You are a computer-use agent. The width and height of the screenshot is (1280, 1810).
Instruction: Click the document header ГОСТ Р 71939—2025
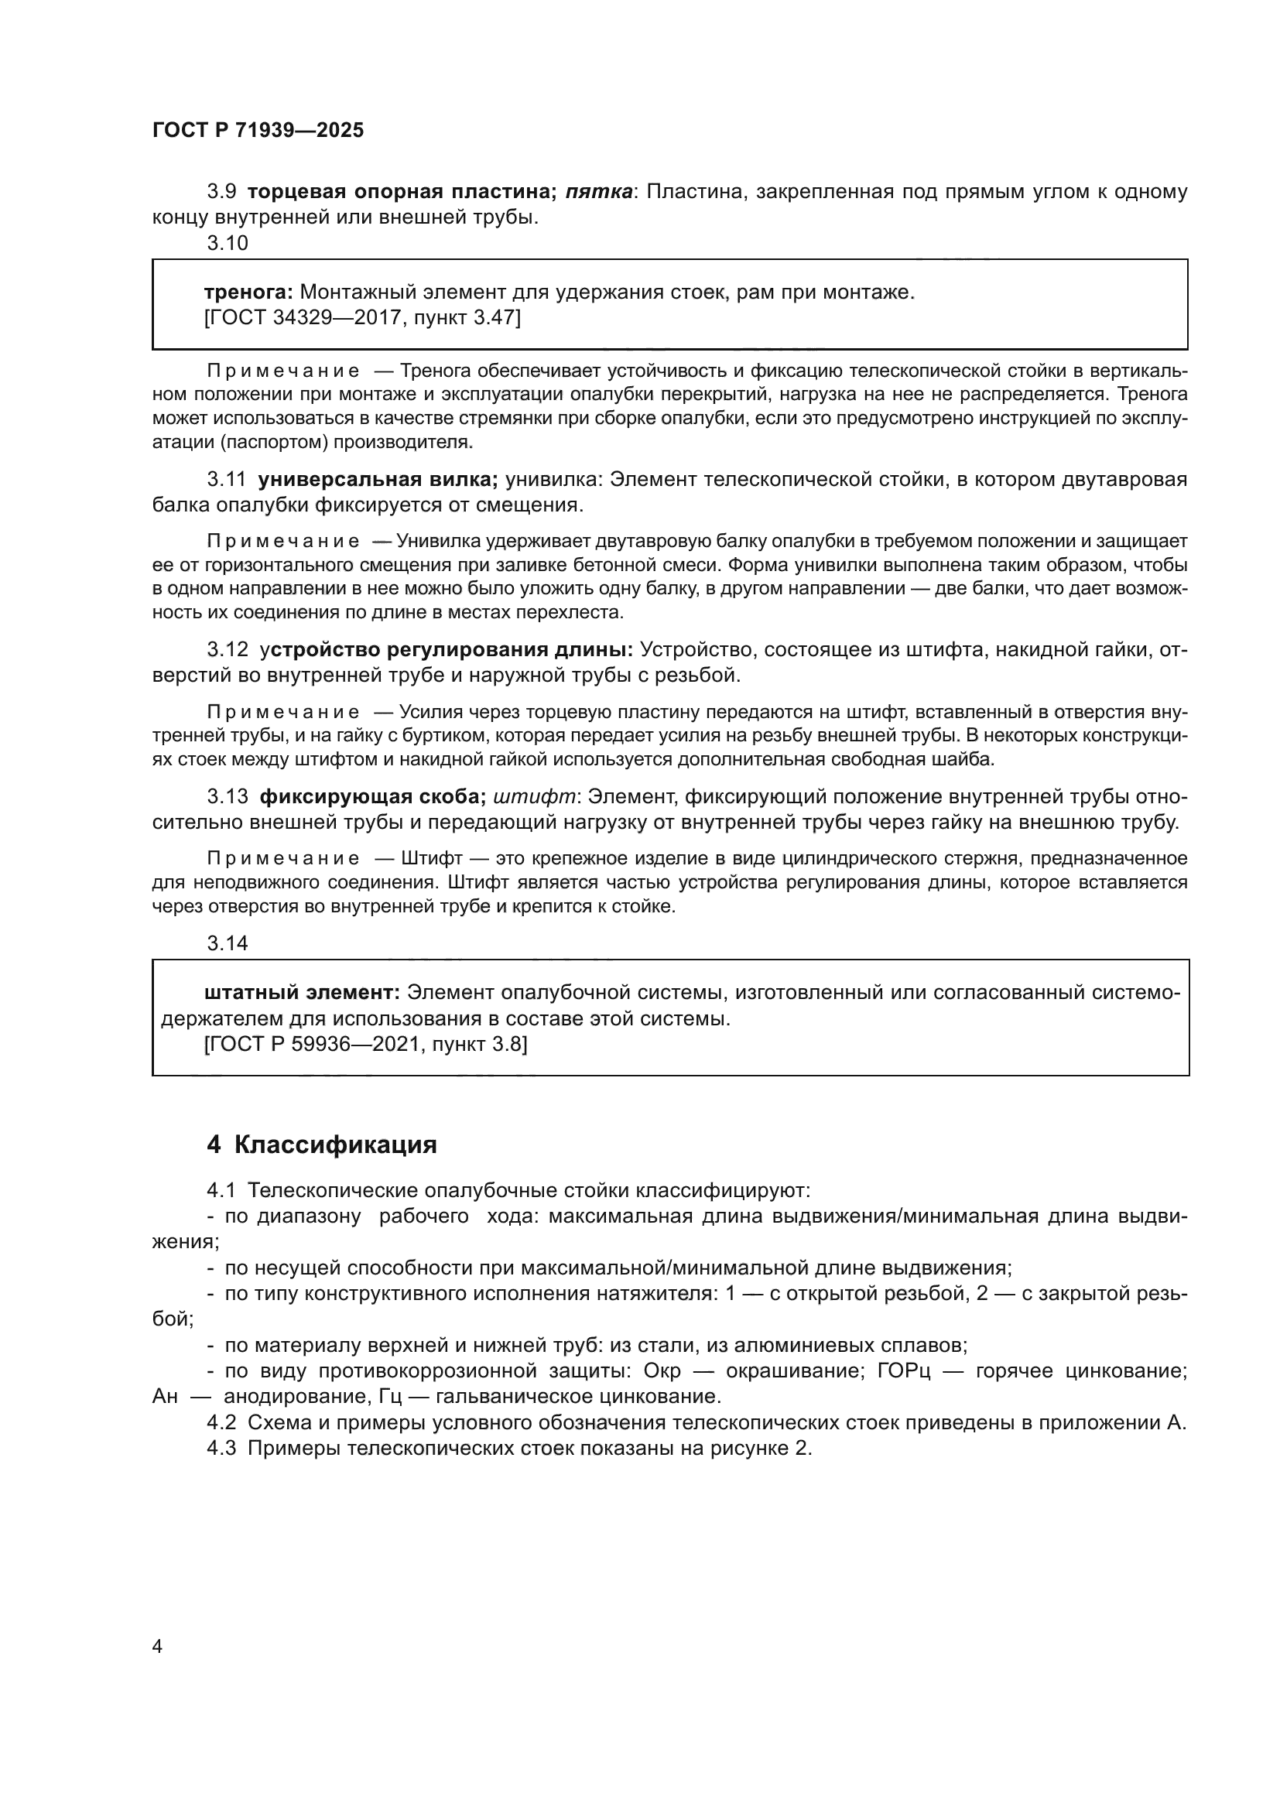click(x=258, y=131)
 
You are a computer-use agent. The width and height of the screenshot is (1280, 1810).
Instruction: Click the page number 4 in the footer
click(x=157, y=1646)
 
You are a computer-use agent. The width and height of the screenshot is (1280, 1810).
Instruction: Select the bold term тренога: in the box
click(x=248, y=293)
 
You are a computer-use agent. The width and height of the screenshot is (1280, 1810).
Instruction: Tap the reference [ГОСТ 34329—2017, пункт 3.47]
click(x=361, y=318)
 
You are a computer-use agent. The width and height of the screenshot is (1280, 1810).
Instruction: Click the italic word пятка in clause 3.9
click(x=598, y=192)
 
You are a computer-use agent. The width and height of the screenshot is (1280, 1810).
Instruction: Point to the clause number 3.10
click(x=227, y=244)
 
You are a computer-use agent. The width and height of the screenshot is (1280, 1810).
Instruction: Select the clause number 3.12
click(x=227, y=649)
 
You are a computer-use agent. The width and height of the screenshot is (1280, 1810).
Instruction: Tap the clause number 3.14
click(x=227, y=943)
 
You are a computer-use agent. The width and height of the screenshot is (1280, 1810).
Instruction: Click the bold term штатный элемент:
click(x=303, y=993)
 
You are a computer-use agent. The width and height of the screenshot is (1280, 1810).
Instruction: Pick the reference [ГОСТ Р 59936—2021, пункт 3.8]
click(x=365, y=1045)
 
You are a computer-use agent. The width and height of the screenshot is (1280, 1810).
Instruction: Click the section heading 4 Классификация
click(x=322, y=1145)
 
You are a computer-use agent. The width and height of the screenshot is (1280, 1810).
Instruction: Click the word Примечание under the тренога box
click(x=283, y=371)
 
